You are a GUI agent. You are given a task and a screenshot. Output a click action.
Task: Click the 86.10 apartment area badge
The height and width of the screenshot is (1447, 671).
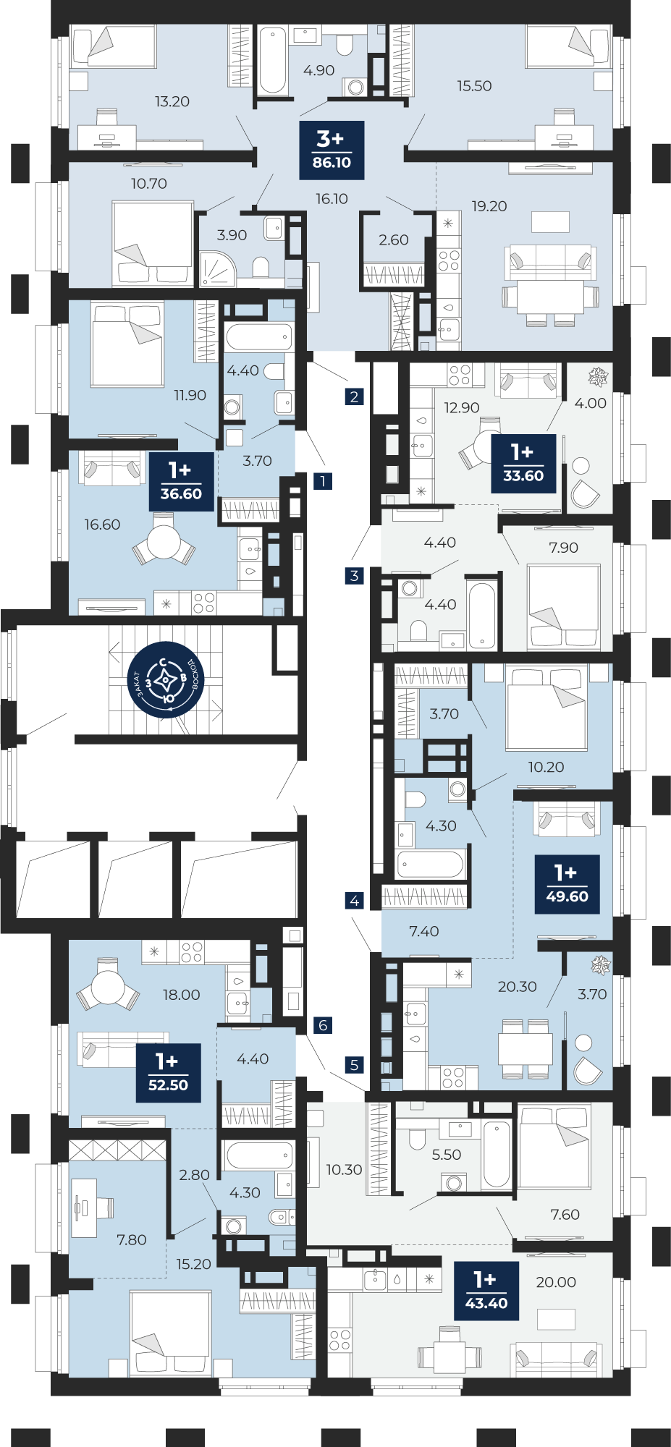coord(332,150)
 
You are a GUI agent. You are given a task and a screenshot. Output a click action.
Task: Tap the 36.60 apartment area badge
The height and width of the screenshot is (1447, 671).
coord(181,482)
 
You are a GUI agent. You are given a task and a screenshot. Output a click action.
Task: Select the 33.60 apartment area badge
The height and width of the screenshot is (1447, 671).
coord(523,464)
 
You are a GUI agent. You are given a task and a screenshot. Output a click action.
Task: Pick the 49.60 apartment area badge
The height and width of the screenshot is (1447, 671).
coord(567,884)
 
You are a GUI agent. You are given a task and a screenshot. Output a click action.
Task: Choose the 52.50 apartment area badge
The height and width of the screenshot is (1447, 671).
coord(168,1073)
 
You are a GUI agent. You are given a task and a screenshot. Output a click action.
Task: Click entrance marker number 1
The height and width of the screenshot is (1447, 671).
coord(323,481)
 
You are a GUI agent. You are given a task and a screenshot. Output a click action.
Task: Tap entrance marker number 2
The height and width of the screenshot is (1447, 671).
coord(354,396)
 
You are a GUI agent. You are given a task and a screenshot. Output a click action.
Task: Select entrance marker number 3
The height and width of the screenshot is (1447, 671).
coord(354,576)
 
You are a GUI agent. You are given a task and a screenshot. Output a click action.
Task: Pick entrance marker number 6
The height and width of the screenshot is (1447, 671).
coord(323,1025)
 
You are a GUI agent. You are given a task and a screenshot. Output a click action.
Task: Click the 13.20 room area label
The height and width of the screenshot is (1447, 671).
coord(172,102)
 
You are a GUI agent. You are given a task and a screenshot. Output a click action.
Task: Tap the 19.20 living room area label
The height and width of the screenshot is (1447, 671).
coord(489,207)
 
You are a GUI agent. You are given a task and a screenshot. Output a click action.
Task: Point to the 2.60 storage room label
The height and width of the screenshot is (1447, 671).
coord(394,240)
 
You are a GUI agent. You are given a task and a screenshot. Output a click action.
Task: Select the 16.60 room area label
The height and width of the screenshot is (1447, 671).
coord(102,525)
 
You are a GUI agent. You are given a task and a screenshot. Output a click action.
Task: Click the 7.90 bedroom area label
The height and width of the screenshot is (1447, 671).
coord(564,548)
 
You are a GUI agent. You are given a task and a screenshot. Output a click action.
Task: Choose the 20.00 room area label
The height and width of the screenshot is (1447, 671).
coord(556,1282)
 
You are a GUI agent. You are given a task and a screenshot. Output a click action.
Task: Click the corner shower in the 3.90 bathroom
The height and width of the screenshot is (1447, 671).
coord(216,268)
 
